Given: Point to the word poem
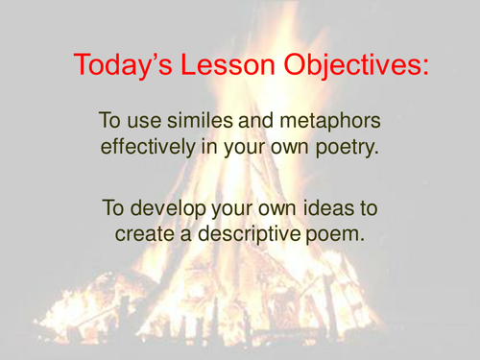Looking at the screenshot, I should click(x=336, y=233).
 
